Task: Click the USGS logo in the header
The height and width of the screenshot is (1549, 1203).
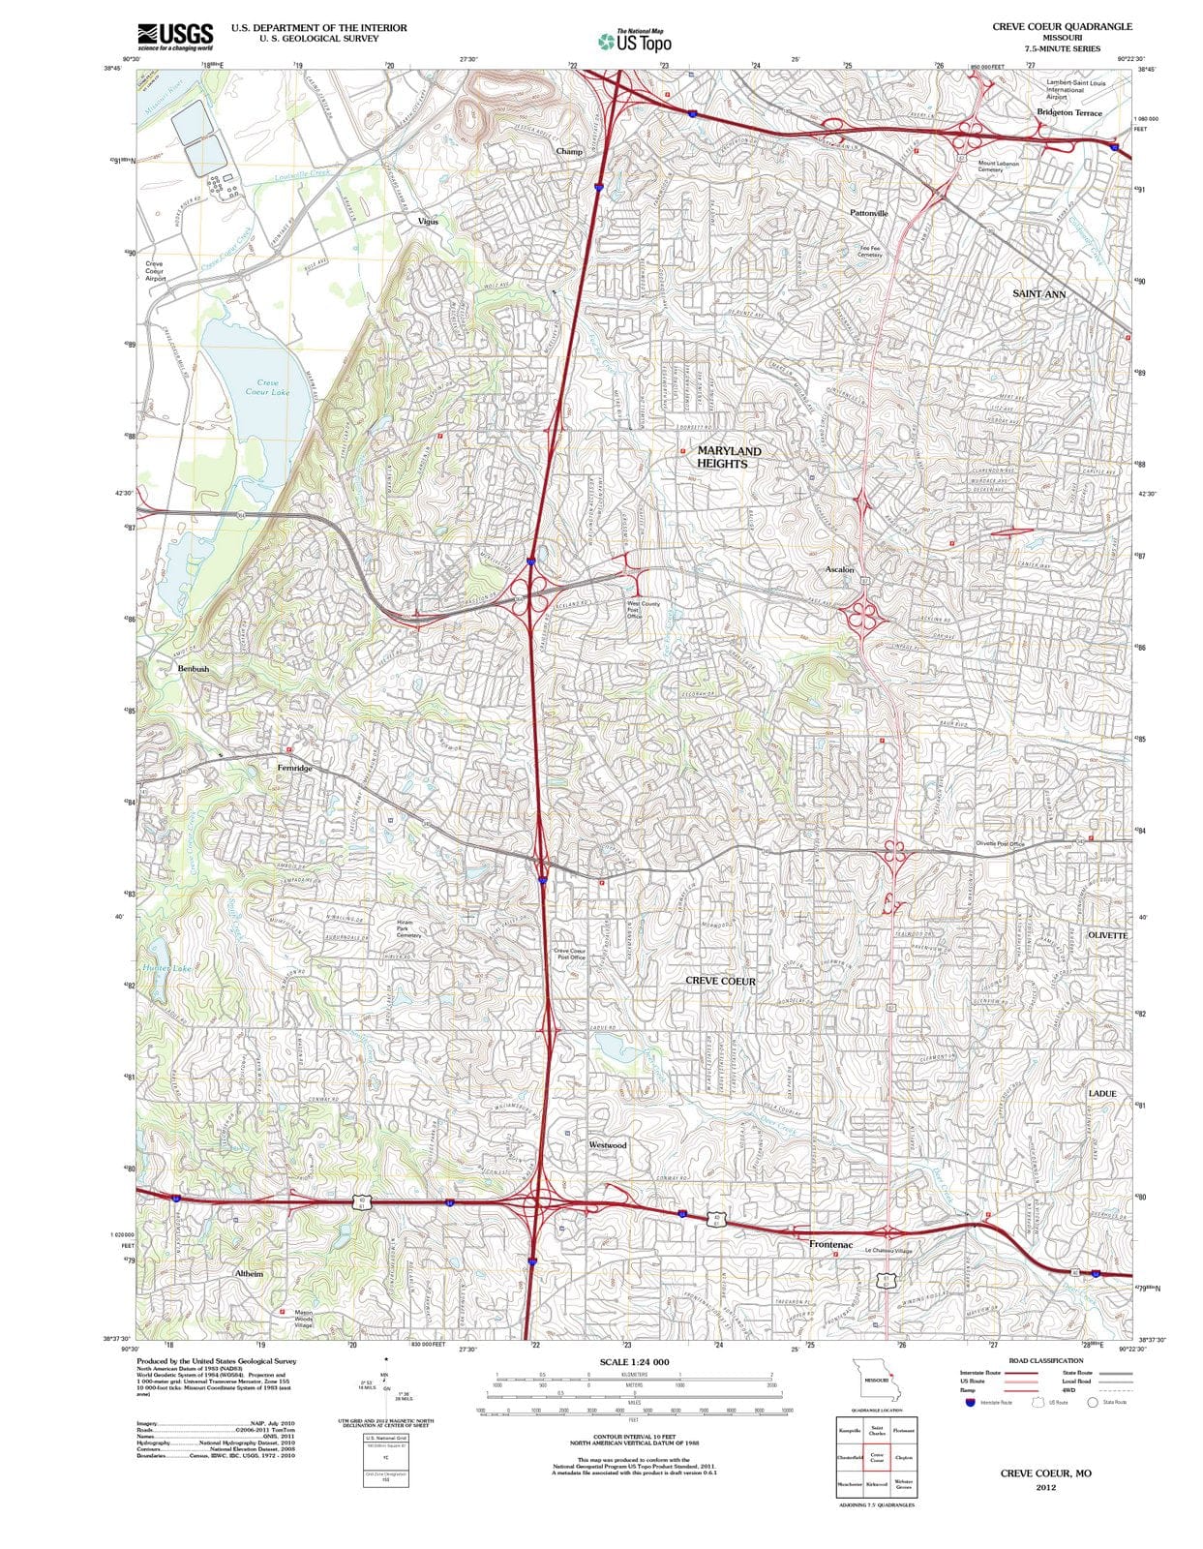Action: click(175, 36)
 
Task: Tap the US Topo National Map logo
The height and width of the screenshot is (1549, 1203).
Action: click(635, 41)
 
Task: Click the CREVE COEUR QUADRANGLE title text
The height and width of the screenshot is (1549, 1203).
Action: click(1062, 27)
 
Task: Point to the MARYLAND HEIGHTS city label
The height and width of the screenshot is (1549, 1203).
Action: click(729, 457)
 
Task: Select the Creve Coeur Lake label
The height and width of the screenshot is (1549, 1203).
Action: click(267, 387)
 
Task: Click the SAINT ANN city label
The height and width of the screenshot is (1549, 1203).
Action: click(1038, 292)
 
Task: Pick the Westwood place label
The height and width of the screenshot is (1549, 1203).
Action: click(608, 1145)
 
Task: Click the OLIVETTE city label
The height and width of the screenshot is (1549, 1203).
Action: click(1107, 935)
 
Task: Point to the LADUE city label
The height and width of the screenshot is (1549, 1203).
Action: click(1101, 1093)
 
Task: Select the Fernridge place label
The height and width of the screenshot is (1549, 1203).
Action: click(294, 768)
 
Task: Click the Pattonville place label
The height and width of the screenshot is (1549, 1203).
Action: click(868, 213)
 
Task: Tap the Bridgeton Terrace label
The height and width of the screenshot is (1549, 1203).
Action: click(1068, 113)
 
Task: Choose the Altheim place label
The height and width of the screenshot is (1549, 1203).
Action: click(249, 1274)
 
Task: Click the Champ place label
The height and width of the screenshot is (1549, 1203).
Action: click(569, 152)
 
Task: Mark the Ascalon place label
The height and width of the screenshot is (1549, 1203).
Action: click(839, 570)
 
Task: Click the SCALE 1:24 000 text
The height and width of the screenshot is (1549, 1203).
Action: click(634, 1362)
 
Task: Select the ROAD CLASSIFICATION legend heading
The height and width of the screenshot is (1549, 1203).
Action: click(1044, 1360)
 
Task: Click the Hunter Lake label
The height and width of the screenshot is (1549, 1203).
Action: click(166, 967)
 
